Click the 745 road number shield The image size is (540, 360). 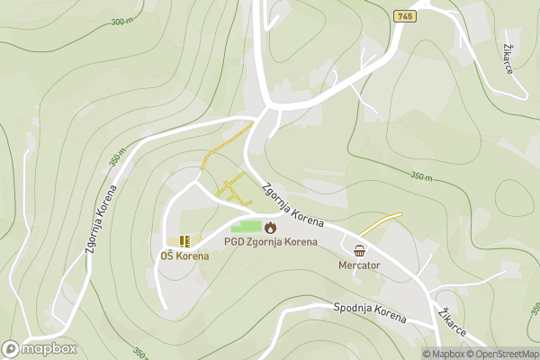pos(404,15)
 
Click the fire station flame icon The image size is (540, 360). pos(270,227)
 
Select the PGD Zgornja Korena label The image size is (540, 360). pos(270,242)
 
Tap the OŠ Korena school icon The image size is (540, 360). pos(184,241)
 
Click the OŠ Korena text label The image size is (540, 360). pos(184,256)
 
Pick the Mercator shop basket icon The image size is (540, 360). pos(360,250)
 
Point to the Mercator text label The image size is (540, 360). pos(360,265)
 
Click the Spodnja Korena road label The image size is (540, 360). pos(370,312)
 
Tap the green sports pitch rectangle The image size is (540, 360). pos(246,227)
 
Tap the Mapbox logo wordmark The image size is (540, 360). pos(49,348)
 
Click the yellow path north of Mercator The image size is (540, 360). pos(380,222)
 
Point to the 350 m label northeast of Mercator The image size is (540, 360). pos(421,177)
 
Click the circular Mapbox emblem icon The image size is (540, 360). pos(12,348)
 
